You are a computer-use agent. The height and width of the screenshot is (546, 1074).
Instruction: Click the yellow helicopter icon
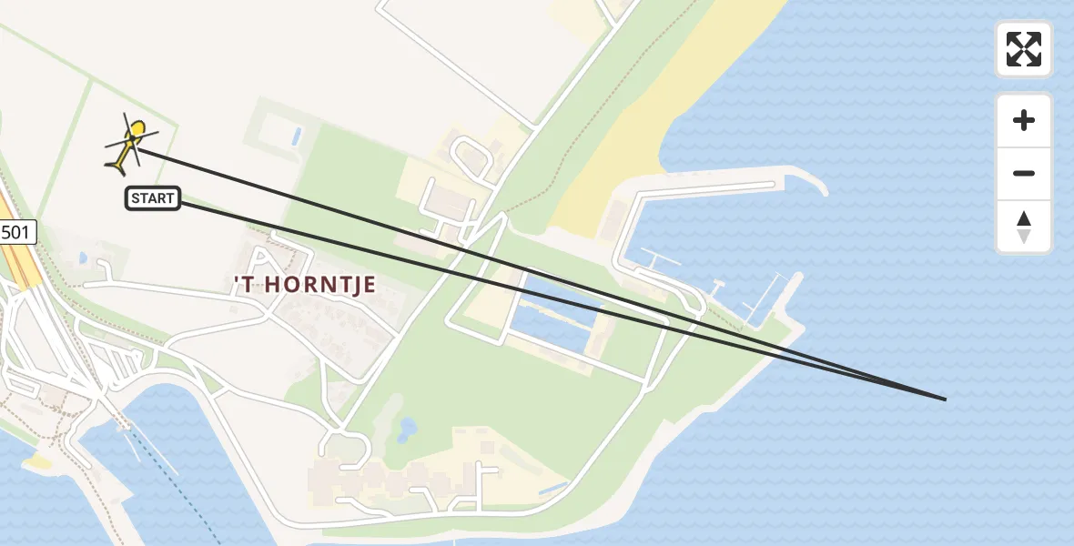pos(129,146)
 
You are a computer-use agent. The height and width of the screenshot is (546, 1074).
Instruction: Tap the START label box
pos(153,198)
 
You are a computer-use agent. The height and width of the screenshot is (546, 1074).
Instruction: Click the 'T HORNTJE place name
pos(305,285)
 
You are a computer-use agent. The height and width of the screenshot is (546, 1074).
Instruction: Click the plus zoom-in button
pos(1024,120)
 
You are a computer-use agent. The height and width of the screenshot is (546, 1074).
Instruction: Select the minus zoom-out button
pos(1024,173)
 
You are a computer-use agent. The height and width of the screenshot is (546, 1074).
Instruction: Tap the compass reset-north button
pos(1024,227)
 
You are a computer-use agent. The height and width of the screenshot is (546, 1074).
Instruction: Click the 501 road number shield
pos(15,233)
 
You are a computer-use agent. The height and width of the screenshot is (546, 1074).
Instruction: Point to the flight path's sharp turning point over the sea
pos(945,399)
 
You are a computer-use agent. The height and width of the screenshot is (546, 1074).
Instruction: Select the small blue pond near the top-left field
pos(295,136)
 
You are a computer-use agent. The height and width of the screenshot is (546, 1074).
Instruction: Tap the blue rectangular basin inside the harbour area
pos(555,314)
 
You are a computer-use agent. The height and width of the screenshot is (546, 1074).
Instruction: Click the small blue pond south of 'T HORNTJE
pos(407,427)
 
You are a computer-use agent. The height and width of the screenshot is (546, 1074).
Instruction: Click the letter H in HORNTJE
pos(265,285)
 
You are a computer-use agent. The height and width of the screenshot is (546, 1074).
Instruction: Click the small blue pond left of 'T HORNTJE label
pos(84,258)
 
